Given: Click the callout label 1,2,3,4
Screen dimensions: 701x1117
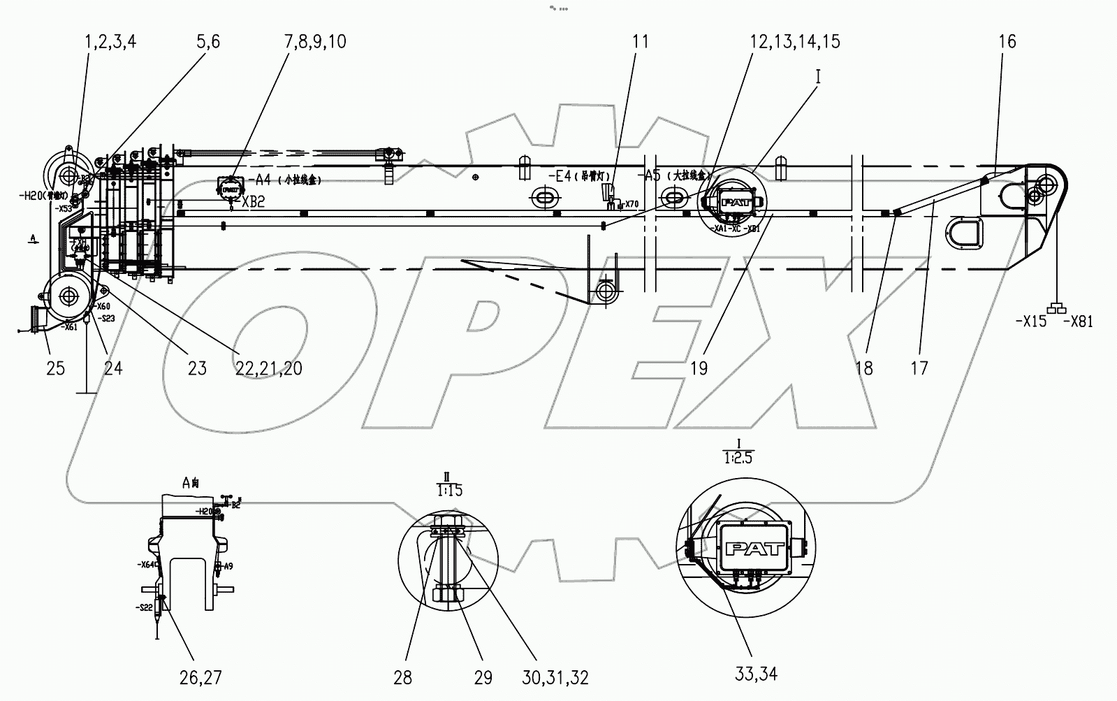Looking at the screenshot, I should point(110,41).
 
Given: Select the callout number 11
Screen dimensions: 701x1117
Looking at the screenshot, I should point(640,41).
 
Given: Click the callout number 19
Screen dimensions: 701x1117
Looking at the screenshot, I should point(699,368).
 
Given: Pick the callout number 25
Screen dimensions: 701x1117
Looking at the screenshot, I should point(55,368).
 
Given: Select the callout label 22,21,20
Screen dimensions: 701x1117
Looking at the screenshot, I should point(268,368).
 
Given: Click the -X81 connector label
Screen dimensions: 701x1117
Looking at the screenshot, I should point(1078,321).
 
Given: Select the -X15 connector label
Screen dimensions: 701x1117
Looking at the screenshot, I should point(1031,321).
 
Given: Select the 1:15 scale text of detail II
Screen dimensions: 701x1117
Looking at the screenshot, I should point(449,491).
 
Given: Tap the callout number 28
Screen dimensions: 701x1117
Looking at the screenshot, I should point(402,677).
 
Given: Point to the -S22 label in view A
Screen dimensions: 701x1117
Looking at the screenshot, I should point(145,607).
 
